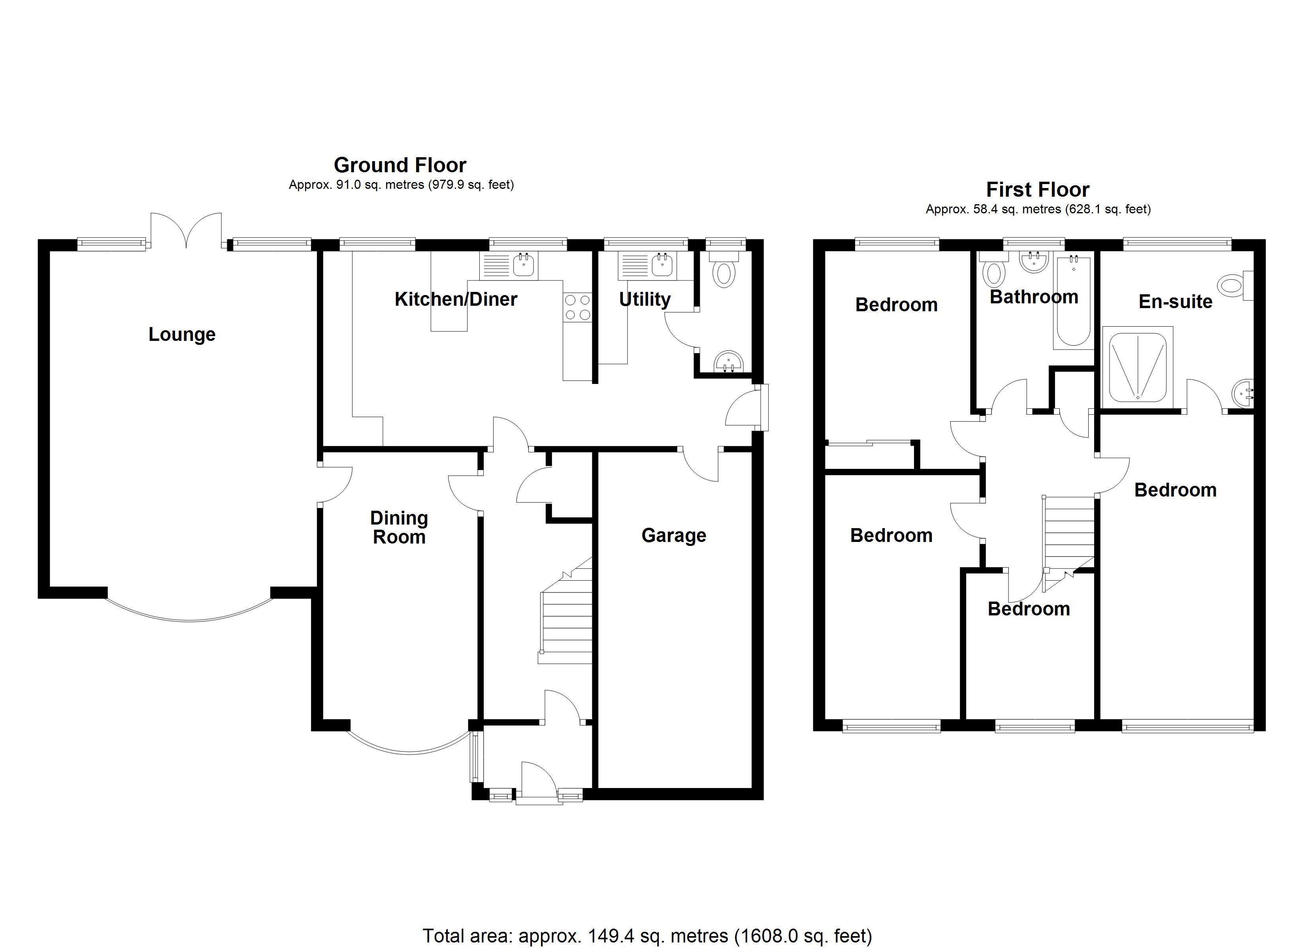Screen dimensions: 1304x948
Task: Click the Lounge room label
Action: click(x=182, y=334)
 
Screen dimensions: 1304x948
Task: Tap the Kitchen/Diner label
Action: click(x=456, y=299)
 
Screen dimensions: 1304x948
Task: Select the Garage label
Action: click(x=674, y=535)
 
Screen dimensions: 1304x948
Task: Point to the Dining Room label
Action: click(x=399, y=527)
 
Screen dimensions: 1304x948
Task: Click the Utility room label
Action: click(x=644, y=299)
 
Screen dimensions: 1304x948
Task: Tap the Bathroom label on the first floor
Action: click(x=1034, y=297)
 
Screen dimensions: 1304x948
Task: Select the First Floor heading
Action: click(x=1038, y=189)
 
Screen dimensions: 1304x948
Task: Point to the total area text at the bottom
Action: click(x=647, y=936)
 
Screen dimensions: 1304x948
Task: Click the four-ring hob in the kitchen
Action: click(x=577, y=307)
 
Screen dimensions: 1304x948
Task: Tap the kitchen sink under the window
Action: click(x=509, y=265)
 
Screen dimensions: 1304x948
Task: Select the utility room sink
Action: click(x=647, y=265)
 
